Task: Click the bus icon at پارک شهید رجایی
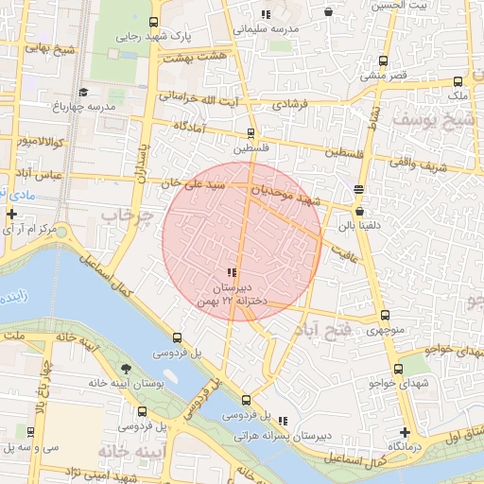[154, 22]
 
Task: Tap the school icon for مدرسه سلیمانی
[266, 14]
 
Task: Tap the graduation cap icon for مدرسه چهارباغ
[83, 92]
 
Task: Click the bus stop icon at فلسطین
[251, 133]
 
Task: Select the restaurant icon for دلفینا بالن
[358, 189]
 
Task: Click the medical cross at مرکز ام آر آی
[11, 215]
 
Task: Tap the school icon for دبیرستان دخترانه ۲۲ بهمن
[233, 272]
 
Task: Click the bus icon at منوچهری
[384, 316]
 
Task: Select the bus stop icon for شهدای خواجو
[398, 369]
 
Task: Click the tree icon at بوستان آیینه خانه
[127, 369]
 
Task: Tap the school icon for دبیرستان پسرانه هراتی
[282, 422]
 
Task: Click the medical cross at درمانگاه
[405, 431]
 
